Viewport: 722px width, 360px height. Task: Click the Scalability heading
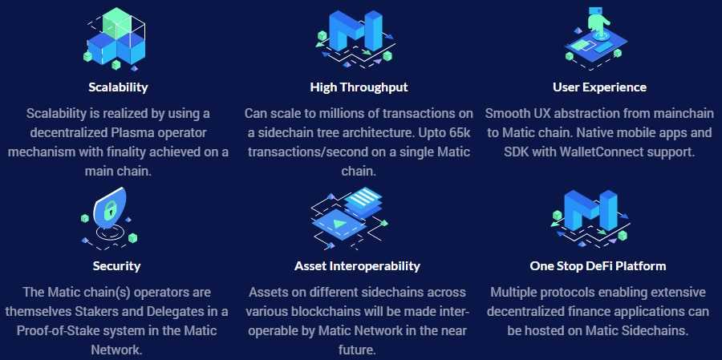tap(119, 87)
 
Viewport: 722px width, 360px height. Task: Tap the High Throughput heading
tap(359, 87)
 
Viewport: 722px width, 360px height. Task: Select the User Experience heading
tap(599, 87)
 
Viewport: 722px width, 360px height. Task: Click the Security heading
tap(116, 265)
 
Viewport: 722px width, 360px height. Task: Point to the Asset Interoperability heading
tap(357, 265)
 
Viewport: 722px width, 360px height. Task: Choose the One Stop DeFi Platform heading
tap(598, 265)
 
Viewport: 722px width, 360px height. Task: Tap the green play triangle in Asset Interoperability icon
tap(340, 224)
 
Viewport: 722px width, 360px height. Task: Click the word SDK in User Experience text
tap(516, 152)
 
